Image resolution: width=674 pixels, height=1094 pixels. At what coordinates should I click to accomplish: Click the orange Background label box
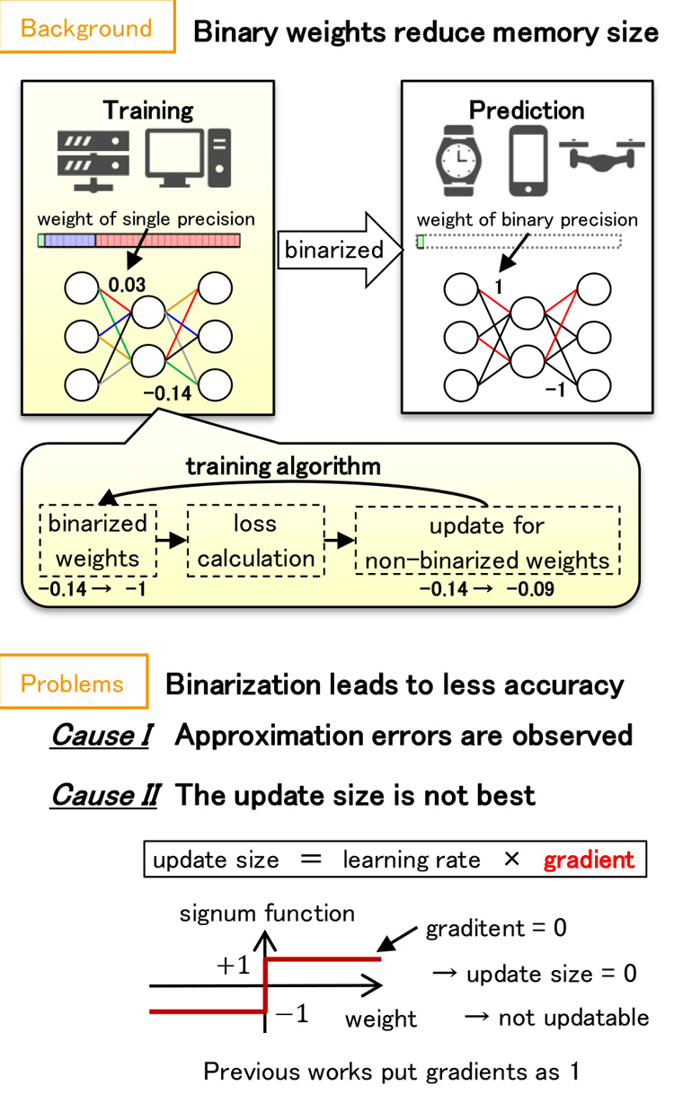click(x=86, y=28)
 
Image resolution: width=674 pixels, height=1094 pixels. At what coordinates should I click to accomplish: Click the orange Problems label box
click(x=73, y=684)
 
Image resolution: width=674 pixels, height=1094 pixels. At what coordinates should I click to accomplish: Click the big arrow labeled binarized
click(x=335, y=249)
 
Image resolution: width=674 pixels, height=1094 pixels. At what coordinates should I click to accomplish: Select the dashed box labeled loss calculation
click(x=251, y=542)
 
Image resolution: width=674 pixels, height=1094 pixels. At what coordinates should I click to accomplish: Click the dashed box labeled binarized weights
click(x=98, y=542)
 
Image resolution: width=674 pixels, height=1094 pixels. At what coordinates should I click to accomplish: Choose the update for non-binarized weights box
click(x=486, y=542)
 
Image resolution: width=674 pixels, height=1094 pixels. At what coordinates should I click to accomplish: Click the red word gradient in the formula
click(x=588, y=860)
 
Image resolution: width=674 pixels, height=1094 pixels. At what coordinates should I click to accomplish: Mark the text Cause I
click(x=101, y=736)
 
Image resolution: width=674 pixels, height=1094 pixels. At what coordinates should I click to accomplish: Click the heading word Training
click(x=148, y=110)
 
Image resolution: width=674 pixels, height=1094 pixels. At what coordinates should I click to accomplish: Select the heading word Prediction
click(x=527, y=110)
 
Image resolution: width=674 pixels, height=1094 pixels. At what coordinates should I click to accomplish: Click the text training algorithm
click(x=283, y=467)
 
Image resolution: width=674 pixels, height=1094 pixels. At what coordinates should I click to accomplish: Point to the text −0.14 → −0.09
click(x=487, y=590)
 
